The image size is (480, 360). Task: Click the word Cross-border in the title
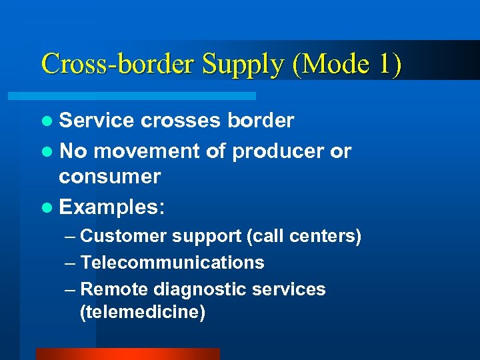click(117, 64)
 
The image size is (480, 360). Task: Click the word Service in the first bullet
click(97, 120)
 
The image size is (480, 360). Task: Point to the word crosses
click(179, 120)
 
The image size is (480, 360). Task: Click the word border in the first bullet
click(261, 120)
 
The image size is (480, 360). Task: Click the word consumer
click(109, 177)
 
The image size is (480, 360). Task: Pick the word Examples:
click(111, 207)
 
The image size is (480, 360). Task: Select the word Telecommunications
click(172, 263)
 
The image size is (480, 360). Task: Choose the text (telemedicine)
click(142, 312)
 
